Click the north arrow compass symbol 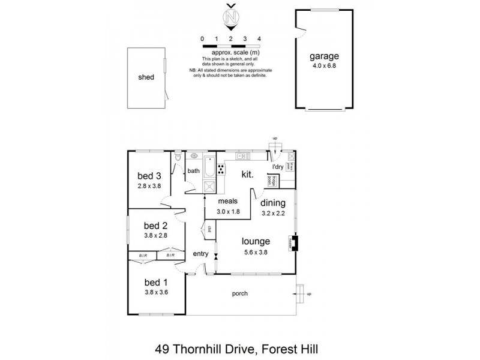coord(230,18)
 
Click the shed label coord(146,77)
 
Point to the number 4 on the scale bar coord(259,38)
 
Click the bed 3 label coord(149,176)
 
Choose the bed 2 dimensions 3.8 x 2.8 coord(156,236)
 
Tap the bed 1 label coord(156,283)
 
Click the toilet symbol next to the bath coord(178,158)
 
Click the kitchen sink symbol coord(243,157)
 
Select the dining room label coord(273,203)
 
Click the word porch coord(240,293)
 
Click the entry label coord(200,254)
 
